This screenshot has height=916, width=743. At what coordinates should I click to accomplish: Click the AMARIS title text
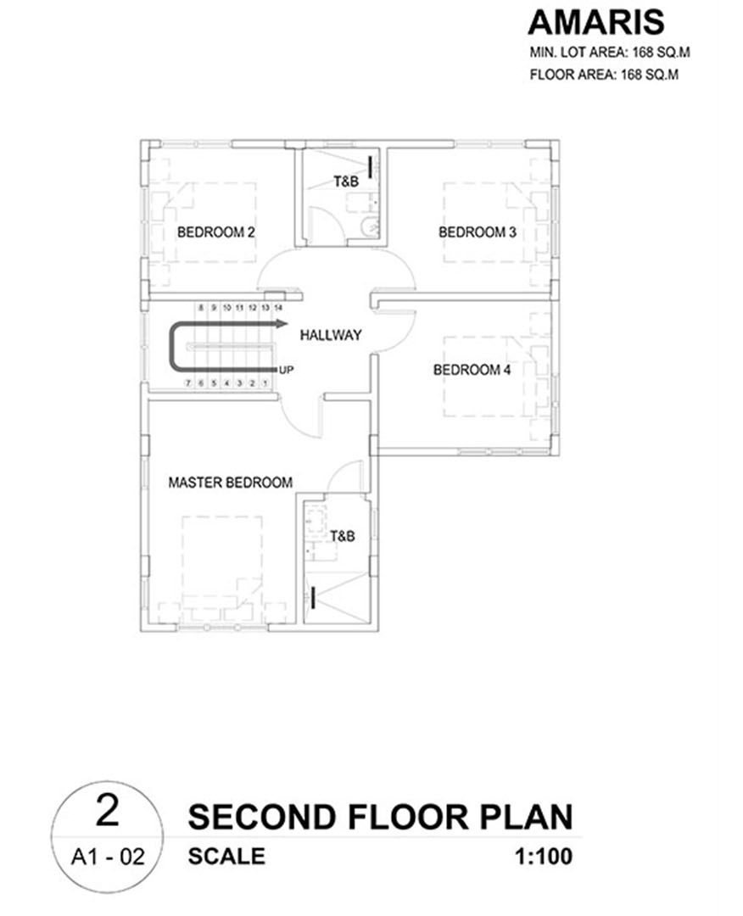[x=595, y=23]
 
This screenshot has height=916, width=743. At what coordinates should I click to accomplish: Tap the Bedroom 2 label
[x=216, y=232]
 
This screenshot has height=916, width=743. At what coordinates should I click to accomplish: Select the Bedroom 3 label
[x=478, y=232]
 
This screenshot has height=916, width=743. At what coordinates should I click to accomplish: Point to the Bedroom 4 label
[x=472, y=370]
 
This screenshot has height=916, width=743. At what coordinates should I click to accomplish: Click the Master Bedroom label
[x=230, y=483]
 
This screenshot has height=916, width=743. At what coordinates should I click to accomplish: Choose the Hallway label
[x=331, y=335]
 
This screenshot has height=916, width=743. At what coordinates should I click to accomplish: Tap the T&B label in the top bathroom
[x=346, y=182]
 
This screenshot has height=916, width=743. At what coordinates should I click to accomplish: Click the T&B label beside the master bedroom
[x=343, y=536]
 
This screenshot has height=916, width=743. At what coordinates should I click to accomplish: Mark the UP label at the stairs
[x=286, y=370]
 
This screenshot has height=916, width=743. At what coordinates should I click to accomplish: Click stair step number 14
[x=278, y=307]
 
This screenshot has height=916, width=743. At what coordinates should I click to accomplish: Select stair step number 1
[x=265, y=383]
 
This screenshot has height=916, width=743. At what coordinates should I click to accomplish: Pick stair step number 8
[x=201, y=307]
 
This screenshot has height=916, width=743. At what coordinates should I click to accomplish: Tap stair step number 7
[x=188, y=383]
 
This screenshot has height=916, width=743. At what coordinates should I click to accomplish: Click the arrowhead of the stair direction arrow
[x=282, y=323]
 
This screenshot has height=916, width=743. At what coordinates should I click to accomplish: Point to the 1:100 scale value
[x=543, y=857]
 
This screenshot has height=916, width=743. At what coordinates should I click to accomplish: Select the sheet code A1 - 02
[x=108, y=857]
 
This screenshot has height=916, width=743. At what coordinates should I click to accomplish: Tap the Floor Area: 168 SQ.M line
[x=604, y=75]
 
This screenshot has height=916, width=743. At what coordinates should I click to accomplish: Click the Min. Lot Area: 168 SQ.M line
[x=610, y=52]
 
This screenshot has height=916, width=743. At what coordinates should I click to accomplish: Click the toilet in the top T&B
[x=371, y=226]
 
